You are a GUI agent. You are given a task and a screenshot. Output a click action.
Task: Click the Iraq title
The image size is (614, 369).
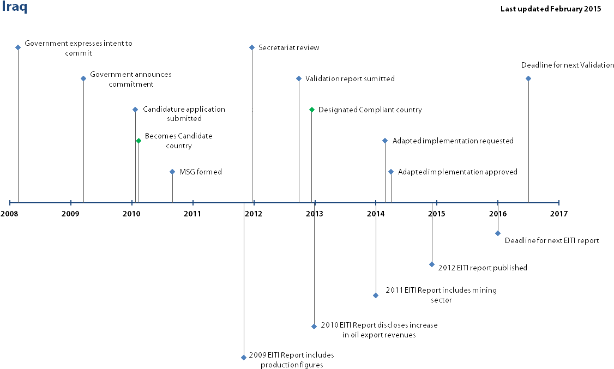14,8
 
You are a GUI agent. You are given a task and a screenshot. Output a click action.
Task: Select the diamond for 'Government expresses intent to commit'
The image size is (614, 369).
18,47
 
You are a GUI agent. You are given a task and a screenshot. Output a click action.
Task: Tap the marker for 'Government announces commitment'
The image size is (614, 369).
83,78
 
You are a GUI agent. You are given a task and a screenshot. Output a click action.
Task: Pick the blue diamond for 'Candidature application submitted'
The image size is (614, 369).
135,110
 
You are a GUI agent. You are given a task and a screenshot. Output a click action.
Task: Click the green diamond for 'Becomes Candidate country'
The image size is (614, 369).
139,141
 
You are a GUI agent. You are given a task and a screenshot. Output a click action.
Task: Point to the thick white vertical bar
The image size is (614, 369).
137,172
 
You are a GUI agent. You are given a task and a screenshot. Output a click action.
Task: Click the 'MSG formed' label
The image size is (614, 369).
200,172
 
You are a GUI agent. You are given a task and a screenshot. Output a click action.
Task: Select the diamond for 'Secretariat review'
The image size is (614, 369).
252,47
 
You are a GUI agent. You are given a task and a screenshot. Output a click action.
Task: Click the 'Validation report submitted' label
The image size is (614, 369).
350,79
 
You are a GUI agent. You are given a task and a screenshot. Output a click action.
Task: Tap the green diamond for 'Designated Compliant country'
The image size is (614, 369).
312,110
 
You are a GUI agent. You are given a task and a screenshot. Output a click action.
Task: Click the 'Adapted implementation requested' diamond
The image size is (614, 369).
385,141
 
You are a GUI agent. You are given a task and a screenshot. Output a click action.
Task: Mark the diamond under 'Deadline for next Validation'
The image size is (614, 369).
528,78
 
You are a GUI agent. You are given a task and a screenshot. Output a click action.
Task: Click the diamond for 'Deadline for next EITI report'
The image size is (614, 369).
498,233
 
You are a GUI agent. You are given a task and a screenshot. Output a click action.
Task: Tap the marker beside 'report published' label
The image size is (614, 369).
432,264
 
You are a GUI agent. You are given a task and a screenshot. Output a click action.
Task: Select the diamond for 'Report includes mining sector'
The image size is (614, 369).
376,295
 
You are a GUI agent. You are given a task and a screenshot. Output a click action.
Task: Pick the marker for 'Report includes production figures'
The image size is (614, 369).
244,358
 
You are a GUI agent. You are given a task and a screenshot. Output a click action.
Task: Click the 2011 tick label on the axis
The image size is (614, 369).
193,214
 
